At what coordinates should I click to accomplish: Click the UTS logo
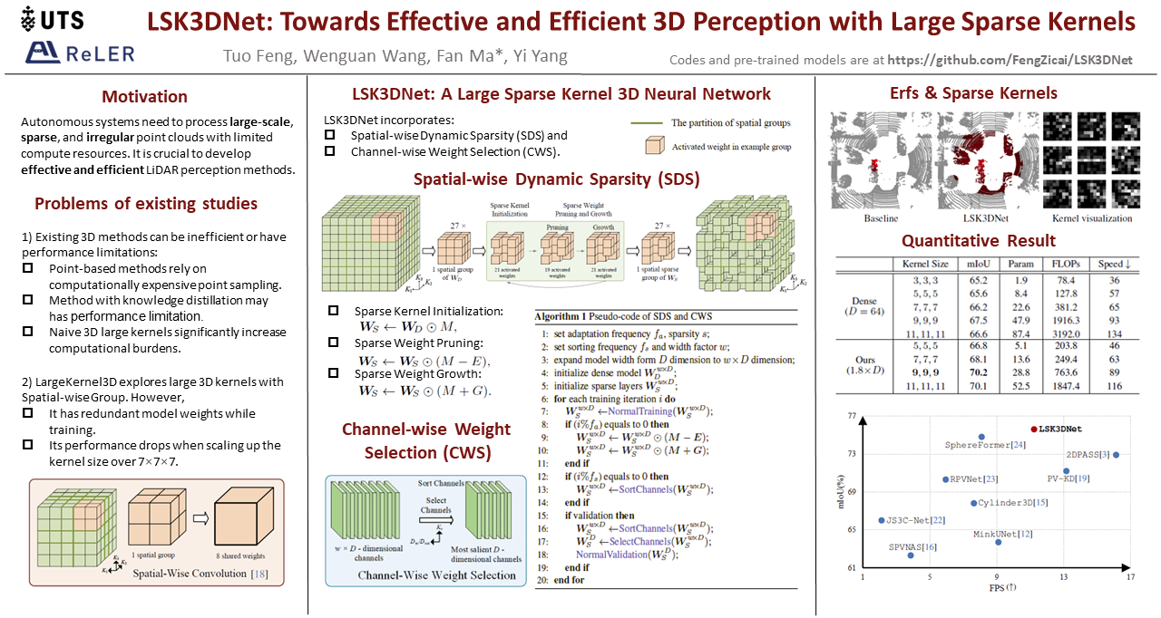pos(54,18)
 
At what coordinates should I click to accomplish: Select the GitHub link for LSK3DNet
pos(1010,60)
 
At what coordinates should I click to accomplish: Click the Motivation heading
pos(145,97)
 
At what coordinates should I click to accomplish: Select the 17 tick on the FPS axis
pos(1130,576)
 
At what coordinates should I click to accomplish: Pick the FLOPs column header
pos(1064,264)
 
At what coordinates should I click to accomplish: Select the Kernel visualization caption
pos(1091,218)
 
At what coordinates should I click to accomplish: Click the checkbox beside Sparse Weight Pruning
pos(333,343)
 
